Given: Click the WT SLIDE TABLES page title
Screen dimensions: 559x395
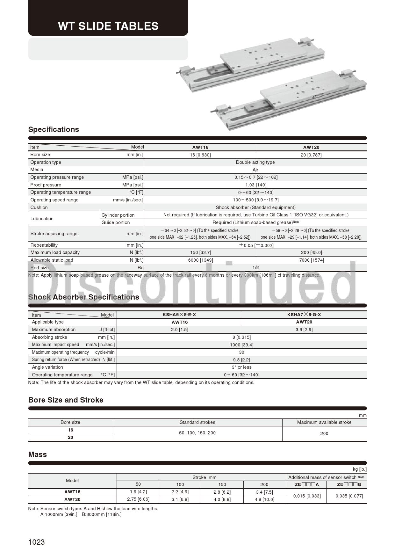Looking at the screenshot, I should click(108, 26).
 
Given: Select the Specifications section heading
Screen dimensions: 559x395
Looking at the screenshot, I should click(54, 129).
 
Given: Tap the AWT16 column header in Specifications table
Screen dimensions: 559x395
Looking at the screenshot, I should click(200, 147).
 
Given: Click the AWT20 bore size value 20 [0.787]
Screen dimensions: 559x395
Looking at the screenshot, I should click(311, 155).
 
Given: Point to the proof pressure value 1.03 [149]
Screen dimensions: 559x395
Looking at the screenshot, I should click(255, 185).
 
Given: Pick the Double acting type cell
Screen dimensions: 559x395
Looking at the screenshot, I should click(255, 162).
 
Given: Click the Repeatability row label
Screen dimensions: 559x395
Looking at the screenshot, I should click(44, 245).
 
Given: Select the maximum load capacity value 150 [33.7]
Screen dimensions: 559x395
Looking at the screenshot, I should click(200, 252).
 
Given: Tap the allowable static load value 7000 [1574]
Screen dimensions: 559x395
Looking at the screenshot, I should click(311, 260).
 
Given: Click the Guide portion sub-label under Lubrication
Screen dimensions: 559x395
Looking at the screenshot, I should click(116, 222).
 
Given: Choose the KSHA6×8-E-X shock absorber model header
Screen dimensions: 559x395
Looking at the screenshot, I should click(179, 315).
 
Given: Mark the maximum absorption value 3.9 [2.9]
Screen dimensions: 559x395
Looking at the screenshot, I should click(304, 330).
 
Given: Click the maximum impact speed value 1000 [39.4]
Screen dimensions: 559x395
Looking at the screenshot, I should click(241, 345).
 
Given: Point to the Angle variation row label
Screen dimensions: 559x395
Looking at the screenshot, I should click(47, 367).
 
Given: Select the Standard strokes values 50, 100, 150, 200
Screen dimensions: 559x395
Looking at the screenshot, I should click(197, 433).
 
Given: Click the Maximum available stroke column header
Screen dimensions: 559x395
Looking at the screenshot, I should click(324, 422).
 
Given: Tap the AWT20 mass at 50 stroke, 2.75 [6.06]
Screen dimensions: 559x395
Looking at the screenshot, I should click(138, 499).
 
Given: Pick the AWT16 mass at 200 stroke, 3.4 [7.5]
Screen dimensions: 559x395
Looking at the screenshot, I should click(264, 492).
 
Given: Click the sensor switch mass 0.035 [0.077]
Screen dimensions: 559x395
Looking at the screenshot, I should click(349, 496).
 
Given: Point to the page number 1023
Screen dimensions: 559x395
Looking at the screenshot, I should click(36, 542).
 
